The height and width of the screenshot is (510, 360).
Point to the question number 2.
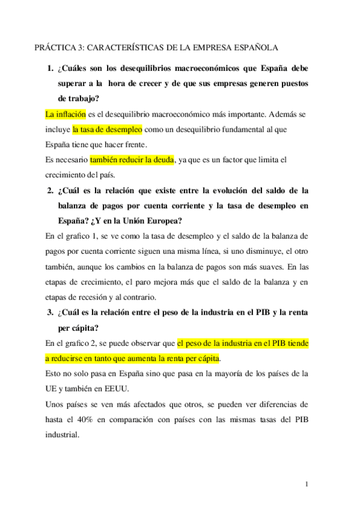50,191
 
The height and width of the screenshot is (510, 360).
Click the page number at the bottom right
307,484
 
